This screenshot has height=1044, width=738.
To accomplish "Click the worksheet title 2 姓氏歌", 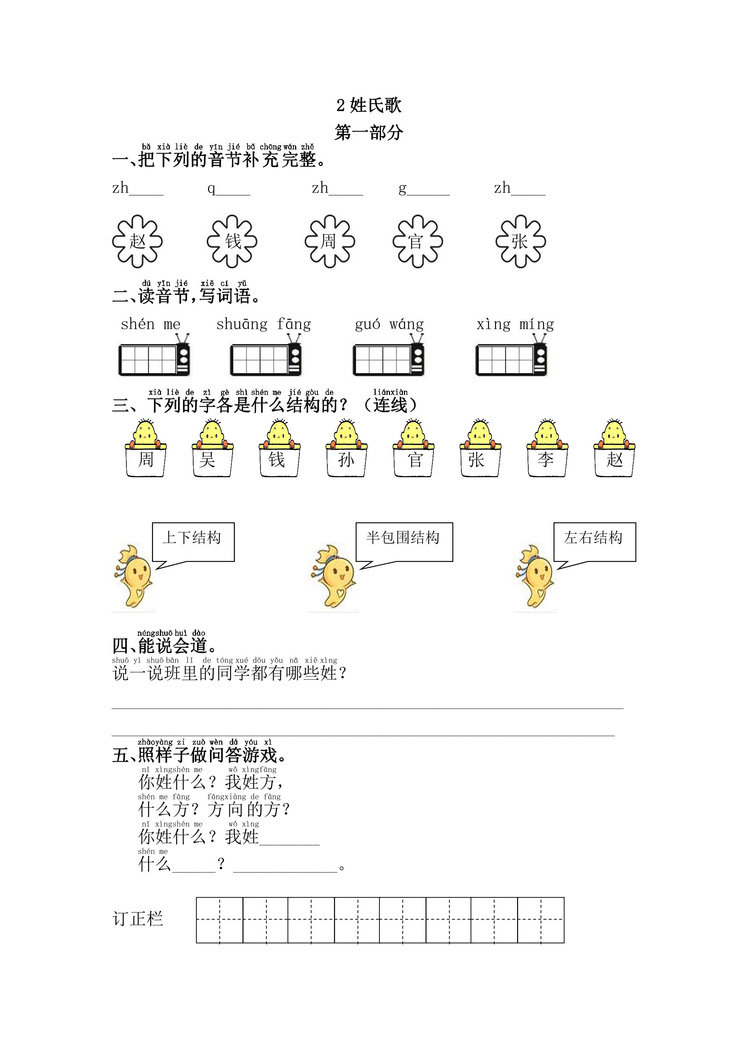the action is point(369,105).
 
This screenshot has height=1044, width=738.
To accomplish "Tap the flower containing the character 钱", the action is point(232,241).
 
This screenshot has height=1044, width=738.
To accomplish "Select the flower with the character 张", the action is point(521,241).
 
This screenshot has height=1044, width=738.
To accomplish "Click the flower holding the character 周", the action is point(330,241).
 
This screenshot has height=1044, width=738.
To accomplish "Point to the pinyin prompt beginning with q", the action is point(229,188).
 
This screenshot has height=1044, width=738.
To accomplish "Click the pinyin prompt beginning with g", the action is point(424,188).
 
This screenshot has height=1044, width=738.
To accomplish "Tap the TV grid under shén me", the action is point(154,356).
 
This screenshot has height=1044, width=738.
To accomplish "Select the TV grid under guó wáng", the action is point(388,356).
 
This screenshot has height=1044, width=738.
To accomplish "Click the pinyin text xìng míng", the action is point(515,324).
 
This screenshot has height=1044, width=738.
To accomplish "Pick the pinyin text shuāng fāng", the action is point(264,324).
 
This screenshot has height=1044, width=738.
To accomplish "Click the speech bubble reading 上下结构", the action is point(193,542).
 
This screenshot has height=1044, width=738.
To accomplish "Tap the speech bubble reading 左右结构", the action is point(595,542).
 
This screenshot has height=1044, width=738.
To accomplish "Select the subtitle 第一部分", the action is point(369,132).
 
